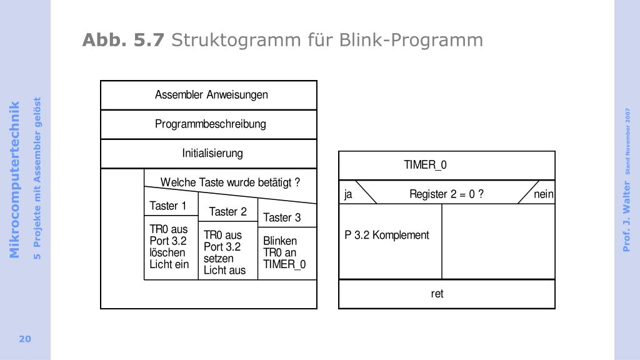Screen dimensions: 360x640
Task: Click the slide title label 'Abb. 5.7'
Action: [123, 41]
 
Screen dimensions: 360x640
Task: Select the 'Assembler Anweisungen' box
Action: [211, 95]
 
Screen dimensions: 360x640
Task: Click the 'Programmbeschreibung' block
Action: [211, 124]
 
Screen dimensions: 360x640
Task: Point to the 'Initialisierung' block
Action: [212, 153]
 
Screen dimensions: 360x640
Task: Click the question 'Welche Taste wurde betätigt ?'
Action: [230, 182]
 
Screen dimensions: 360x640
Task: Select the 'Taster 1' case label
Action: [167, 206]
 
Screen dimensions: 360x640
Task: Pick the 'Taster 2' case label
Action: [227, 212]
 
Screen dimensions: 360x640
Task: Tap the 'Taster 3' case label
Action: [282, 217]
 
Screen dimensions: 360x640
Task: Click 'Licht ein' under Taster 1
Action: [169, 264]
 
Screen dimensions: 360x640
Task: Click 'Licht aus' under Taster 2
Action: [224, 271]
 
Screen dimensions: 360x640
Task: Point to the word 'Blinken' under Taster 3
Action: [280, 241]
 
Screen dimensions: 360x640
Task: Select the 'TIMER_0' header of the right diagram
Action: [425, 165]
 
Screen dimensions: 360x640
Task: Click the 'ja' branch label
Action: [348, 194]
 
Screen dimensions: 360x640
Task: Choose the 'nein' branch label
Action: [543, 194]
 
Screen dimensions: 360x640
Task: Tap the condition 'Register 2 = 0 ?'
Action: [446, 194]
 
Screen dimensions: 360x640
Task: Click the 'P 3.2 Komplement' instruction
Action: [387, 235]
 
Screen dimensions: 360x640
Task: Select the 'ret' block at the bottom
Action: [437, 294]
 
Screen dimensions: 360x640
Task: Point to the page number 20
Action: [25, 339]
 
